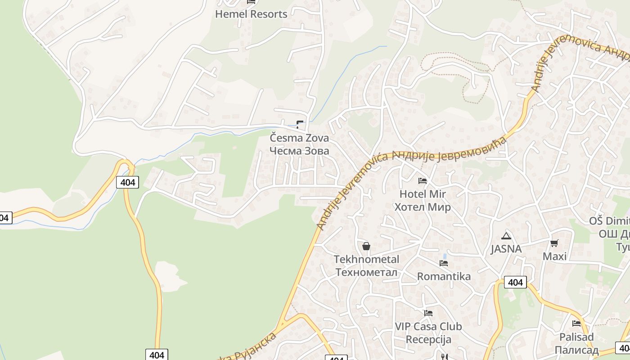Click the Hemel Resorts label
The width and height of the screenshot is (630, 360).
(x=251, y=14)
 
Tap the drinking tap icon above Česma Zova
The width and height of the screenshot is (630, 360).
(x=300, y=124)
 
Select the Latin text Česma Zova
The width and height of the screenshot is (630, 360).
(x=299, y=138)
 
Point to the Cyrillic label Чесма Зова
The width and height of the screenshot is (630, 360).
(x=299, y=151)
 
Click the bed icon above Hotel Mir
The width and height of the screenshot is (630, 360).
(x=422, y=181)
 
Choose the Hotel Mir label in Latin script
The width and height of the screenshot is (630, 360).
(x=423, y=194)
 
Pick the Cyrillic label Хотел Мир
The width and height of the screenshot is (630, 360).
(x=423, y=207)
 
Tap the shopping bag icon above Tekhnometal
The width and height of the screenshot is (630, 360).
(x=366, y=246)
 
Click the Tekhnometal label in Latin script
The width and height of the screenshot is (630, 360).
(x=366, y=259)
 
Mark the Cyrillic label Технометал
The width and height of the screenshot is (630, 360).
(x=366, y=272)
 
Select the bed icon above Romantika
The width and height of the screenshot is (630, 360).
(x=444, y=263)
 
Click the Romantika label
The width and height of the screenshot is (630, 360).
(x=444, y=276)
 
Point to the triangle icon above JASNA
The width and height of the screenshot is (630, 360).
(x=506, y=236)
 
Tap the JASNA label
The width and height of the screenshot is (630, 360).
(x=506, y=249)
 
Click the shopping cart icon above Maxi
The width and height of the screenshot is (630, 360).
(x=554, y=243)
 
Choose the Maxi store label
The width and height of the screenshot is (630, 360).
(x=554, y=256)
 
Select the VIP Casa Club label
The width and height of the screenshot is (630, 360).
(x=428, y=326)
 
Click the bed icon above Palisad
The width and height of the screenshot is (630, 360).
(x=576, y=323)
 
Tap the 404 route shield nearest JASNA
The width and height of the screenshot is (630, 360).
(x=515, y=282)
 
